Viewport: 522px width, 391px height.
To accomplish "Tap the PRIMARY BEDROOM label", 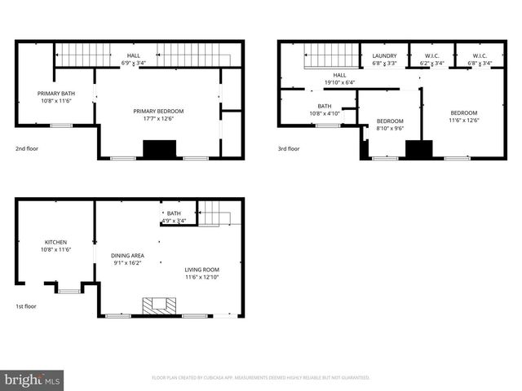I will [158, 111].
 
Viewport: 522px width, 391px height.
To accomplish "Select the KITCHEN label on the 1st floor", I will [55, 242].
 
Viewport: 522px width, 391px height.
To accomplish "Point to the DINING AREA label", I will [126, 256].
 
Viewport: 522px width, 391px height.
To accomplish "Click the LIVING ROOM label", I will [201, 270].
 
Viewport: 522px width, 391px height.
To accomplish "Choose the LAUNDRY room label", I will [384, 55].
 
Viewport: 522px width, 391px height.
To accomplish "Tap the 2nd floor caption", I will [27, 149].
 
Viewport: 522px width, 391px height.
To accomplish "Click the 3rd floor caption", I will [289, 149].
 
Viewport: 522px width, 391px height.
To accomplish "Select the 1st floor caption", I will [27, 306].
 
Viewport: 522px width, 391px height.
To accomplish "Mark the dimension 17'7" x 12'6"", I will [158, 119].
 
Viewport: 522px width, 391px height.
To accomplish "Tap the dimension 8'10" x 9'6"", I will [390, 129].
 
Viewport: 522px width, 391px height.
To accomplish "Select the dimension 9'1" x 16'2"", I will [126, 263].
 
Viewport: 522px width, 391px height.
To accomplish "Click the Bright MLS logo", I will [33, 379].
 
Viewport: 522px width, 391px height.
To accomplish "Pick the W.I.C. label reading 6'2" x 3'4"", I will [431, 63].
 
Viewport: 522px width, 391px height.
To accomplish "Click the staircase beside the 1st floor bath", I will [216, 214].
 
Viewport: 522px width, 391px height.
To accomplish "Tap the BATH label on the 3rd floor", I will [325, 106].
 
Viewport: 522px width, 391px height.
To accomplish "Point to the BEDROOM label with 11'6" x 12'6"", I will [463, 112].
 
